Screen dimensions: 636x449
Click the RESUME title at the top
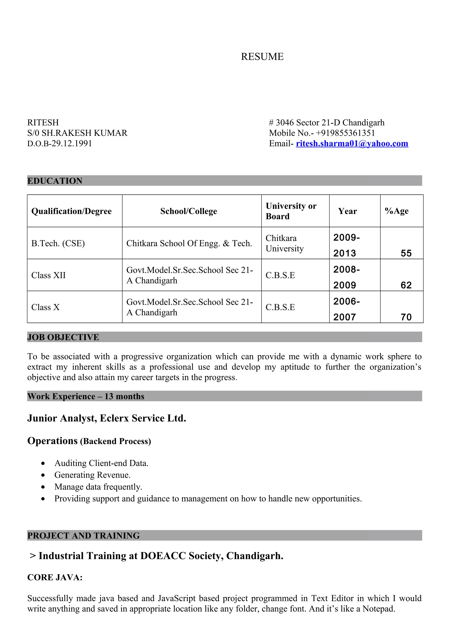(x=262, y=56)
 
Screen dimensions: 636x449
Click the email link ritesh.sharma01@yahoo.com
(x=352, y=144)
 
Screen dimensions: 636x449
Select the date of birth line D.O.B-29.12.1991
(x=59, y=144)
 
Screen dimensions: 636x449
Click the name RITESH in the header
(x=43, y=122)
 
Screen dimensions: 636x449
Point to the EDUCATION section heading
(x=55, y=181)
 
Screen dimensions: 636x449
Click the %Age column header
(x=396, y=211)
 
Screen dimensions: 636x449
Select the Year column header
(x=347, y=211)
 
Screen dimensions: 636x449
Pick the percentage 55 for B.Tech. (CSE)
(x=406, y=253)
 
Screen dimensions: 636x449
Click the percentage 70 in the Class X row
(x=406, y=317)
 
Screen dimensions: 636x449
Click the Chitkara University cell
(x=284, y=243)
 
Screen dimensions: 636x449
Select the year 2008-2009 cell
(x=346, y=277)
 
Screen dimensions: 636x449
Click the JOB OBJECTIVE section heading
(x=63, y=337)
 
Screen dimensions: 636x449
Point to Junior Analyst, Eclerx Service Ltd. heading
(x=107, y=418)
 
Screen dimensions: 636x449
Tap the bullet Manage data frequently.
(x=98, y=487)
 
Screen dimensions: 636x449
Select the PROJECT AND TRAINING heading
(x=83, y=535)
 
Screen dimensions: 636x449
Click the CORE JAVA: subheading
(x=55, y=577)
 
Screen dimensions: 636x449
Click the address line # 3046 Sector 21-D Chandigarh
(x=326, y=122)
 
